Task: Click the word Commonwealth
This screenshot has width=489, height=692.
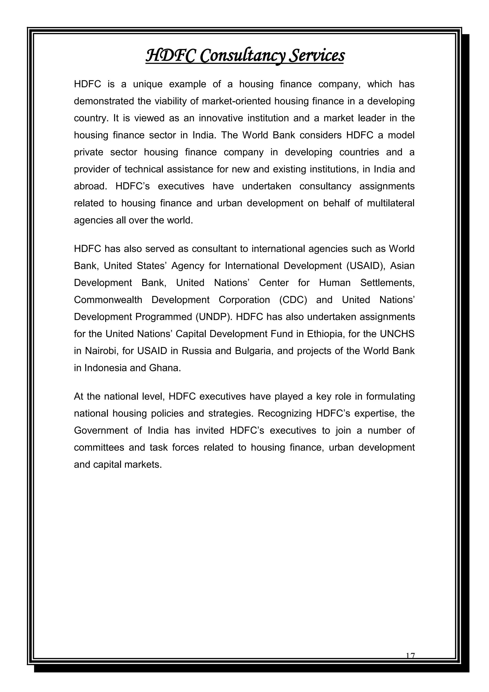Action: (x=108, y=300)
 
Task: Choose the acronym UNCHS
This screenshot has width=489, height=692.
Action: (x=397, y=334)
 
